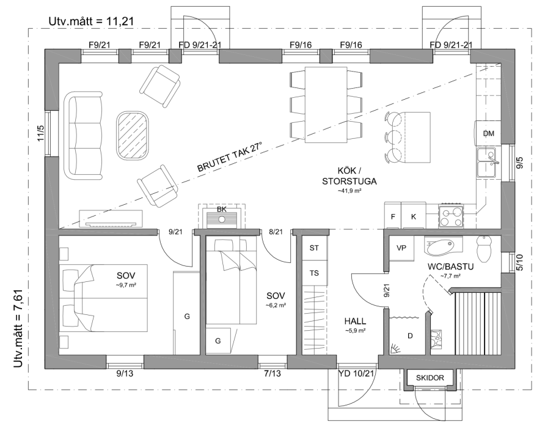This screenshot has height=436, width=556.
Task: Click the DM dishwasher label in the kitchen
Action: (488, 133)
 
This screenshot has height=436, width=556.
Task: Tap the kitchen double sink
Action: (488, 162)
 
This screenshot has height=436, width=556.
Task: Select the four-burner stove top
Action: (451, 216)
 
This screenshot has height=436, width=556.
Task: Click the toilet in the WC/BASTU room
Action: (484, 248)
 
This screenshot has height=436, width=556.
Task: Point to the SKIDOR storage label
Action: (430, 378)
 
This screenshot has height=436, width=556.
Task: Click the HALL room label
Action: (355, 322)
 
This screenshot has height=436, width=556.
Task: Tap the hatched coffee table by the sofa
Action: (132, 136)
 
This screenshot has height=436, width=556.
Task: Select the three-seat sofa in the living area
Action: (83, 136)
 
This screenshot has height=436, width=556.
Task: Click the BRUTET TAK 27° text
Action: (230, 157)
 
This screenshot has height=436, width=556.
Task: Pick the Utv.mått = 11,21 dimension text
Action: (92, 21)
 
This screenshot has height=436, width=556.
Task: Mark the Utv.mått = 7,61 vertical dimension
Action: (18, 328)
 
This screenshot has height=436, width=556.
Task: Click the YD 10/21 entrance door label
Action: (356, 373)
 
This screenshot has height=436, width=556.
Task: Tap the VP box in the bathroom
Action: (401, 248)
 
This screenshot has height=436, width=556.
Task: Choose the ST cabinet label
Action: (314, 248)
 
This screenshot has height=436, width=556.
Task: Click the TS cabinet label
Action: (314, 273)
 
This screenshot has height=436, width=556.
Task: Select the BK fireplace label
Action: (222, 209)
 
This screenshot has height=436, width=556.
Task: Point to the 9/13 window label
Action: (125, 374)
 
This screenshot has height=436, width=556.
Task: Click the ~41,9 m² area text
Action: (349, 191)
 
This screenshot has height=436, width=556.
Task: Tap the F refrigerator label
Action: (393, 216)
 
